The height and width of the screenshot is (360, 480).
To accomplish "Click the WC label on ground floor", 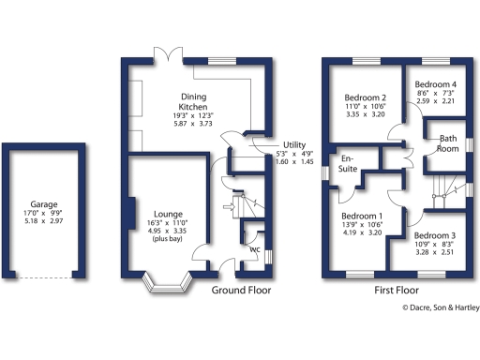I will point(255,249).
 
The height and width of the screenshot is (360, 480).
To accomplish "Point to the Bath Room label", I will point(448,143).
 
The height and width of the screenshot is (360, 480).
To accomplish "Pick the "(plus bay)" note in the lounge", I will point(169,241).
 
